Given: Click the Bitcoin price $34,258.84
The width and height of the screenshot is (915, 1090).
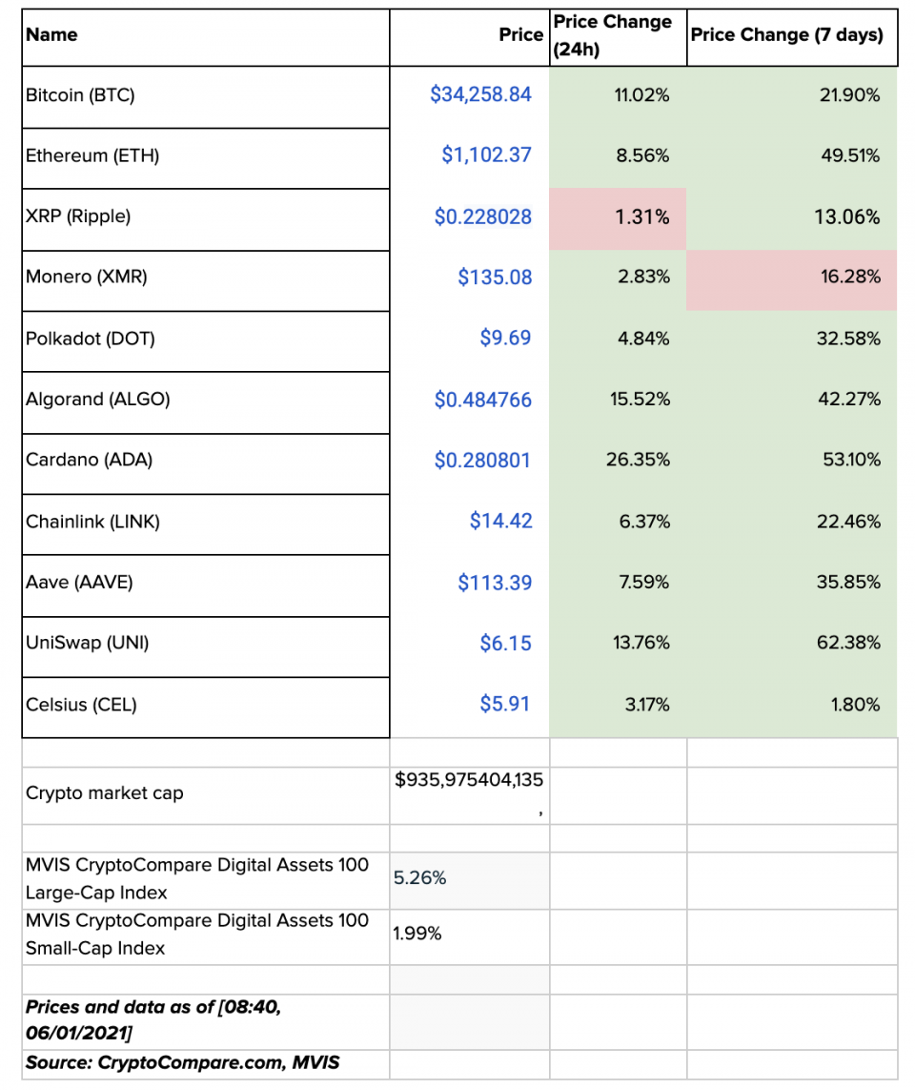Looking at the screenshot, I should [x=480, y=94].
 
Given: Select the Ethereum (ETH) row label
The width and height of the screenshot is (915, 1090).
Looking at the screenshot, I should [x=92, y=155].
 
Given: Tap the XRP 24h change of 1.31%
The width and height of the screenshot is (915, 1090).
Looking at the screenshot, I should [x=643, y=216].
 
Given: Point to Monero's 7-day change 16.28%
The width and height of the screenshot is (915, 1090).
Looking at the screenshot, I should [x=848, y=278].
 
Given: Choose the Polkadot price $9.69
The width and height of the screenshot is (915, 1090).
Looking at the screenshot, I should [x=505, y=339].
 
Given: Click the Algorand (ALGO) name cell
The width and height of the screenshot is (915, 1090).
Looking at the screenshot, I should [x=98, y=400].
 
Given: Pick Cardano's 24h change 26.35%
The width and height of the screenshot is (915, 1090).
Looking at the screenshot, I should [x=638, y=460].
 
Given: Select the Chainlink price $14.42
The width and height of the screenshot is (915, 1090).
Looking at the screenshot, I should [x=500, y=521].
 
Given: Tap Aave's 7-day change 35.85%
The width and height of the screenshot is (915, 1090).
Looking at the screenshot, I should [x=848, y=582].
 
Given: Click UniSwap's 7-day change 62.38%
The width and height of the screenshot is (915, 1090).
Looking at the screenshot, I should [x=848, y=643].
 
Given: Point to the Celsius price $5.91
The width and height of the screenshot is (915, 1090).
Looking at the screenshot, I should [x=505, y=704].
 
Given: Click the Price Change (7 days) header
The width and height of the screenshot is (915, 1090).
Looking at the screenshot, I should [x=786, y=35].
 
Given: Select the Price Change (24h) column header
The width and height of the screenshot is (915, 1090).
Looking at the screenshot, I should [x=612, y=35].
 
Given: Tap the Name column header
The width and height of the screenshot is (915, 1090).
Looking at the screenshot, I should [x=52, y=35].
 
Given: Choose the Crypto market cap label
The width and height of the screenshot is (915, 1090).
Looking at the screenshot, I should [x=105, y=793].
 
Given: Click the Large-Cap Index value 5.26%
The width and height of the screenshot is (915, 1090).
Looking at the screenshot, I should [x=420, y=878].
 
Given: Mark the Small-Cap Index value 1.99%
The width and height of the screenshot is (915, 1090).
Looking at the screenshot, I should [x=417, y=934].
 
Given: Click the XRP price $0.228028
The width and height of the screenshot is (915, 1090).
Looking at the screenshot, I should [x=483, y=216].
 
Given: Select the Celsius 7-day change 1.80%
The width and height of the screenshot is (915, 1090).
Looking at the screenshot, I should [x=854, y=705].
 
